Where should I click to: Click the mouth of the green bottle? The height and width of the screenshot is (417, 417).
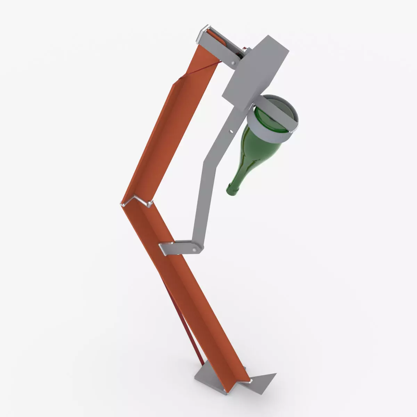[x=230, y=191]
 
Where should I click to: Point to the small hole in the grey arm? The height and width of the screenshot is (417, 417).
[x=231, y=131]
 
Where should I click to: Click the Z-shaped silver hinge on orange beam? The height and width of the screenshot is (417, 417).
[x=137, y=202]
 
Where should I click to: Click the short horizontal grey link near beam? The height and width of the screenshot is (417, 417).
[x=181, y=247]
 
